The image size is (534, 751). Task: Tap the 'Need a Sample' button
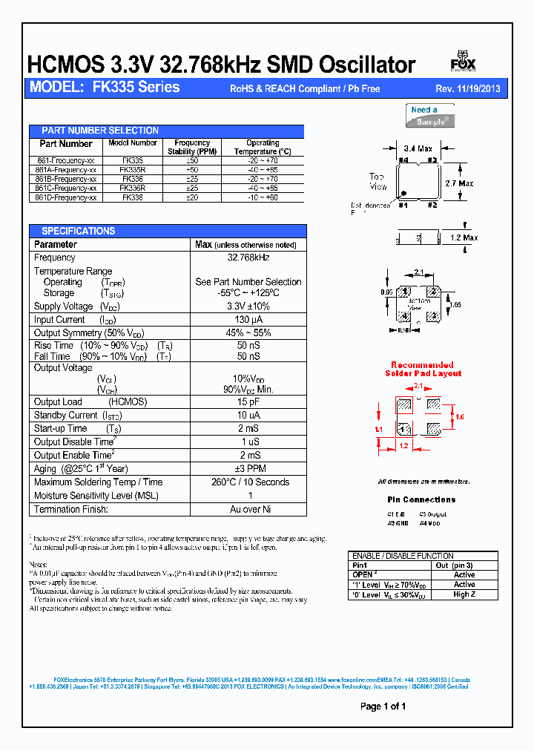coord(432,116)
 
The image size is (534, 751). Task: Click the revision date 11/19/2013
coord(478,88)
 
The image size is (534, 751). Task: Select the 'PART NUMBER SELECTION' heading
coord(99,131)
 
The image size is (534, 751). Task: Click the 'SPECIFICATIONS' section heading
coord(78,231)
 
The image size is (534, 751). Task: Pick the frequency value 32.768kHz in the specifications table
coord(248,258)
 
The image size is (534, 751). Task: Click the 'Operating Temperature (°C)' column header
coord(263,147)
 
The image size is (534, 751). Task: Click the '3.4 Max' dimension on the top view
coord(418,148)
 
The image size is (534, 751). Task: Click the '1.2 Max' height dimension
coord(465,238)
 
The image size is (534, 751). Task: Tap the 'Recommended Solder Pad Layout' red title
coord(422,369)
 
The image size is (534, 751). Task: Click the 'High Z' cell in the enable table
coord(464,594)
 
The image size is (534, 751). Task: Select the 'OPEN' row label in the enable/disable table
coord(363,574)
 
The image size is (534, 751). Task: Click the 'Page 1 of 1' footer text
coord(383,706)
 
